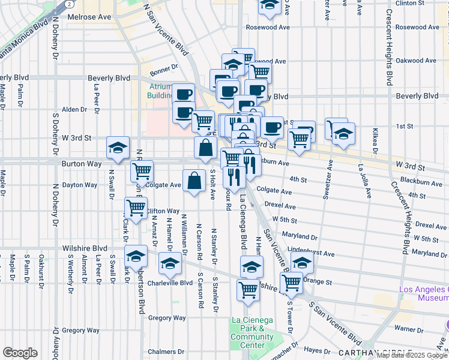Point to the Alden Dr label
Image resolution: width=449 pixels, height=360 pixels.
pos(75,109)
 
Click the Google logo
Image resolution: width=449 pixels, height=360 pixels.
pos(20,353)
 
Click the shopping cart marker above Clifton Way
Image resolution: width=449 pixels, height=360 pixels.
pos(136,208)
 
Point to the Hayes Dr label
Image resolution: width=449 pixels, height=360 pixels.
pos(314,349)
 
